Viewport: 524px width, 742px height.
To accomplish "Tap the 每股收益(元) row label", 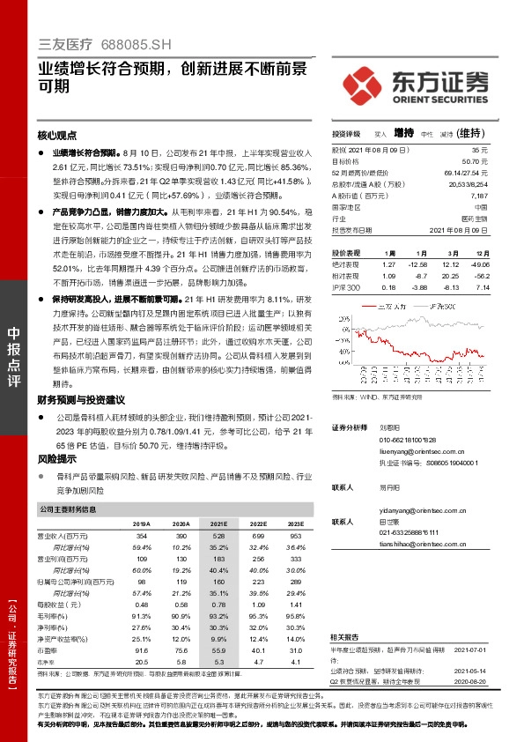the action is tap(56, 605).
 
